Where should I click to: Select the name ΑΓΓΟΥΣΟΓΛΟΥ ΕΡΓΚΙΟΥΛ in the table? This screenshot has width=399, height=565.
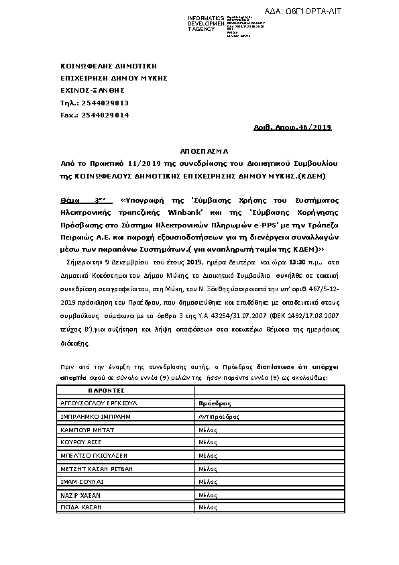97,403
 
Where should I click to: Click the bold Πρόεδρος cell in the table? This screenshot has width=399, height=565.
215,403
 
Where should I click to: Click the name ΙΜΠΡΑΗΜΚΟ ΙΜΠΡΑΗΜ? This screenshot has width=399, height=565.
95,416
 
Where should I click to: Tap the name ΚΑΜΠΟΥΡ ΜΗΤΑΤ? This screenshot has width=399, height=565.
87,429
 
